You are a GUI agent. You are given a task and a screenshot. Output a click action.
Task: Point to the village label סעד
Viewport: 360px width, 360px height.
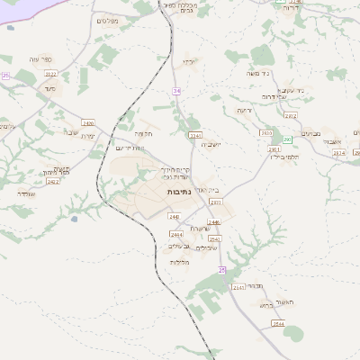click(x=49, y=88)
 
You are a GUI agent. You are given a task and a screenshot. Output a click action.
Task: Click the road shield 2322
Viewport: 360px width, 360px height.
click(x=50, y=74)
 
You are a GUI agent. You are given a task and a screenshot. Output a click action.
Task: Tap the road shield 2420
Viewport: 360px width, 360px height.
click(x=88, y=122)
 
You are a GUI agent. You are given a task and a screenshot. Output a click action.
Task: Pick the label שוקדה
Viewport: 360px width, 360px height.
click(x=25, y=193)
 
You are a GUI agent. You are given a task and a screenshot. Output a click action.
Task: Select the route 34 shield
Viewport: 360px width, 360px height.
click(x=177, y=91)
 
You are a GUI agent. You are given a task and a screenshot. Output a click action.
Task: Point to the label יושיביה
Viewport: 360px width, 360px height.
click(x=210, y=144)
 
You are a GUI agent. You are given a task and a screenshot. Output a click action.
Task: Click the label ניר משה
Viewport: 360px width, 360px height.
click(x=260, y=76)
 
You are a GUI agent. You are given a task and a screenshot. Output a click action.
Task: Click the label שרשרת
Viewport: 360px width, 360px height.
click(x=202, y=228)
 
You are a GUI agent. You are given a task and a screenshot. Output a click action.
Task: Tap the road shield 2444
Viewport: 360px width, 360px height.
click(x=176, y=234)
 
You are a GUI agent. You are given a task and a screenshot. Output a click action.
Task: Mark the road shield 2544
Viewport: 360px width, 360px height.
click(x=279, y=323)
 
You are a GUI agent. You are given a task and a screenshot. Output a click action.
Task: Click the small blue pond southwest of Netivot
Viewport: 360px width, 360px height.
click(x=74, y=218)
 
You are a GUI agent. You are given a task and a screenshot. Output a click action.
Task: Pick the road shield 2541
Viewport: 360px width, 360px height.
click(x=238, y=286)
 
